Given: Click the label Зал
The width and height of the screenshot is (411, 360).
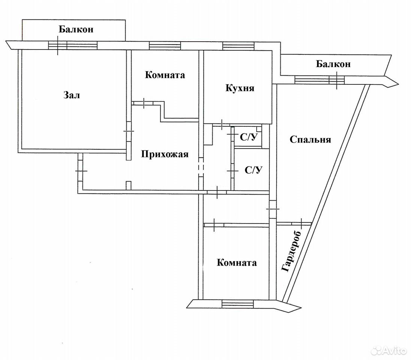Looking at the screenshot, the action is (72, 95).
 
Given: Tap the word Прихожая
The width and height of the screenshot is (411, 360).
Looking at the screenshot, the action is (165, 154).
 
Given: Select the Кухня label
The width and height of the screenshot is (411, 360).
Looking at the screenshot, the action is (240, 88).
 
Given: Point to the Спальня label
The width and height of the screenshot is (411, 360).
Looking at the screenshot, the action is (310, 139).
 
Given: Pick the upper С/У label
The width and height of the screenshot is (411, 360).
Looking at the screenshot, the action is (249, 137).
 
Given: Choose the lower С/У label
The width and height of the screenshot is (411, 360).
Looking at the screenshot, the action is (254, 170).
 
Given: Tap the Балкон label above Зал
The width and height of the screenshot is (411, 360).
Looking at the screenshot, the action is (76, 29).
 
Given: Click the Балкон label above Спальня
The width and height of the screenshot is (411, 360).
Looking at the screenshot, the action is (333, 64).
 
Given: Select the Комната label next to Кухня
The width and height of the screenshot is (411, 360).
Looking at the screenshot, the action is (165, 75).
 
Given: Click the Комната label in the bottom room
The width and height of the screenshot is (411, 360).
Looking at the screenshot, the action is (237, 262).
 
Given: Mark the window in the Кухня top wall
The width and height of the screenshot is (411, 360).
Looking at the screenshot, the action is (238, 46).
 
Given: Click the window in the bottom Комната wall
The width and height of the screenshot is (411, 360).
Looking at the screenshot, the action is (238, 304).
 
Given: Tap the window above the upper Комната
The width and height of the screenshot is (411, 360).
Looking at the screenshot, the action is (165, 46).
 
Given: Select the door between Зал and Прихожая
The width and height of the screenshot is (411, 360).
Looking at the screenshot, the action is (129, 131).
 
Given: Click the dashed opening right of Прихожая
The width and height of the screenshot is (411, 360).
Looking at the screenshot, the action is (201, 170).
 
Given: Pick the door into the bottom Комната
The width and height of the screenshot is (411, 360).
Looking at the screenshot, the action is (214, 225).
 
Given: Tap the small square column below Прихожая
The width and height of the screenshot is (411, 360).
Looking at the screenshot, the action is (129, 185).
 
